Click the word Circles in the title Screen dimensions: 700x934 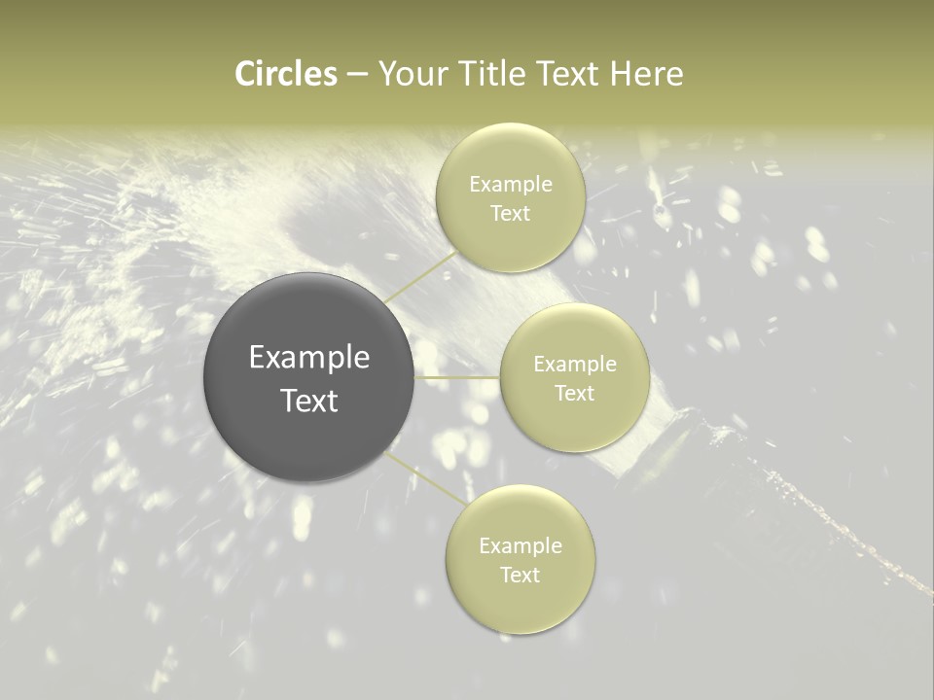coord(286,74)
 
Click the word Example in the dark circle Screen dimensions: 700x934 coord(309,358)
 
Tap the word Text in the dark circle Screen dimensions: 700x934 coord(309,401)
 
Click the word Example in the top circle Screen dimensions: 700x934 coord(511,185)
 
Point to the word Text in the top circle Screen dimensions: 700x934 coord(511,213)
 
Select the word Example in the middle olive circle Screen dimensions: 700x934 coord(575,365)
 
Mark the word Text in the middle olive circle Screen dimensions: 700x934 coord(575,393)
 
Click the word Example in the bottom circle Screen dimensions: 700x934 coord(521,546)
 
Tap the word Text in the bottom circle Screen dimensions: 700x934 coord(521,575)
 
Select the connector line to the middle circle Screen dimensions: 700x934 coord(457,377)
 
